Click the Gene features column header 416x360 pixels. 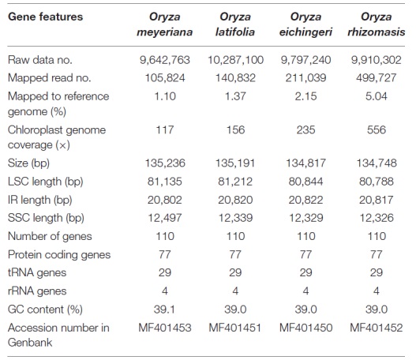(x=45, y=17)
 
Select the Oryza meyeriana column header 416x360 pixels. (x=165, y=24)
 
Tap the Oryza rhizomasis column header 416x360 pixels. (x=377, y=24)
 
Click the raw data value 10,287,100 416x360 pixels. (x=235, y=60)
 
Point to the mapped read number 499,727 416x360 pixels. (x=377, y=78)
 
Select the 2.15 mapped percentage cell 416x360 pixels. (x=305, y=96)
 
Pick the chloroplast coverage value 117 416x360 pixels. (x=165, y=129)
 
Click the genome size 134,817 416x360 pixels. (x=305, y=163)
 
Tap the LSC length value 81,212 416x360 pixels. (x=235, y=182)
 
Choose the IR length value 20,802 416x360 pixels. (x=165, y=200)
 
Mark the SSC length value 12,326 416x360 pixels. (x=377, y=218)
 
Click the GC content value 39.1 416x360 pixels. (x=164, y=309)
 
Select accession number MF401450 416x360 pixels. (x=305, y=328)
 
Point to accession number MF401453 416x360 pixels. (x=165, y=328)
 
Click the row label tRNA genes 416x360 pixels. (x=37, y=273)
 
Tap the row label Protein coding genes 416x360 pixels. (x=59, y=255)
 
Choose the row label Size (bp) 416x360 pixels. (x=28, y=163)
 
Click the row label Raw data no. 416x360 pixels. (x=40, y=60)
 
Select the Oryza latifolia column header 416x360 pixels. (x=235, y=24)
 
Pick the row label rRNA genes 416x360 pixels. (x=37, y=291)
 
